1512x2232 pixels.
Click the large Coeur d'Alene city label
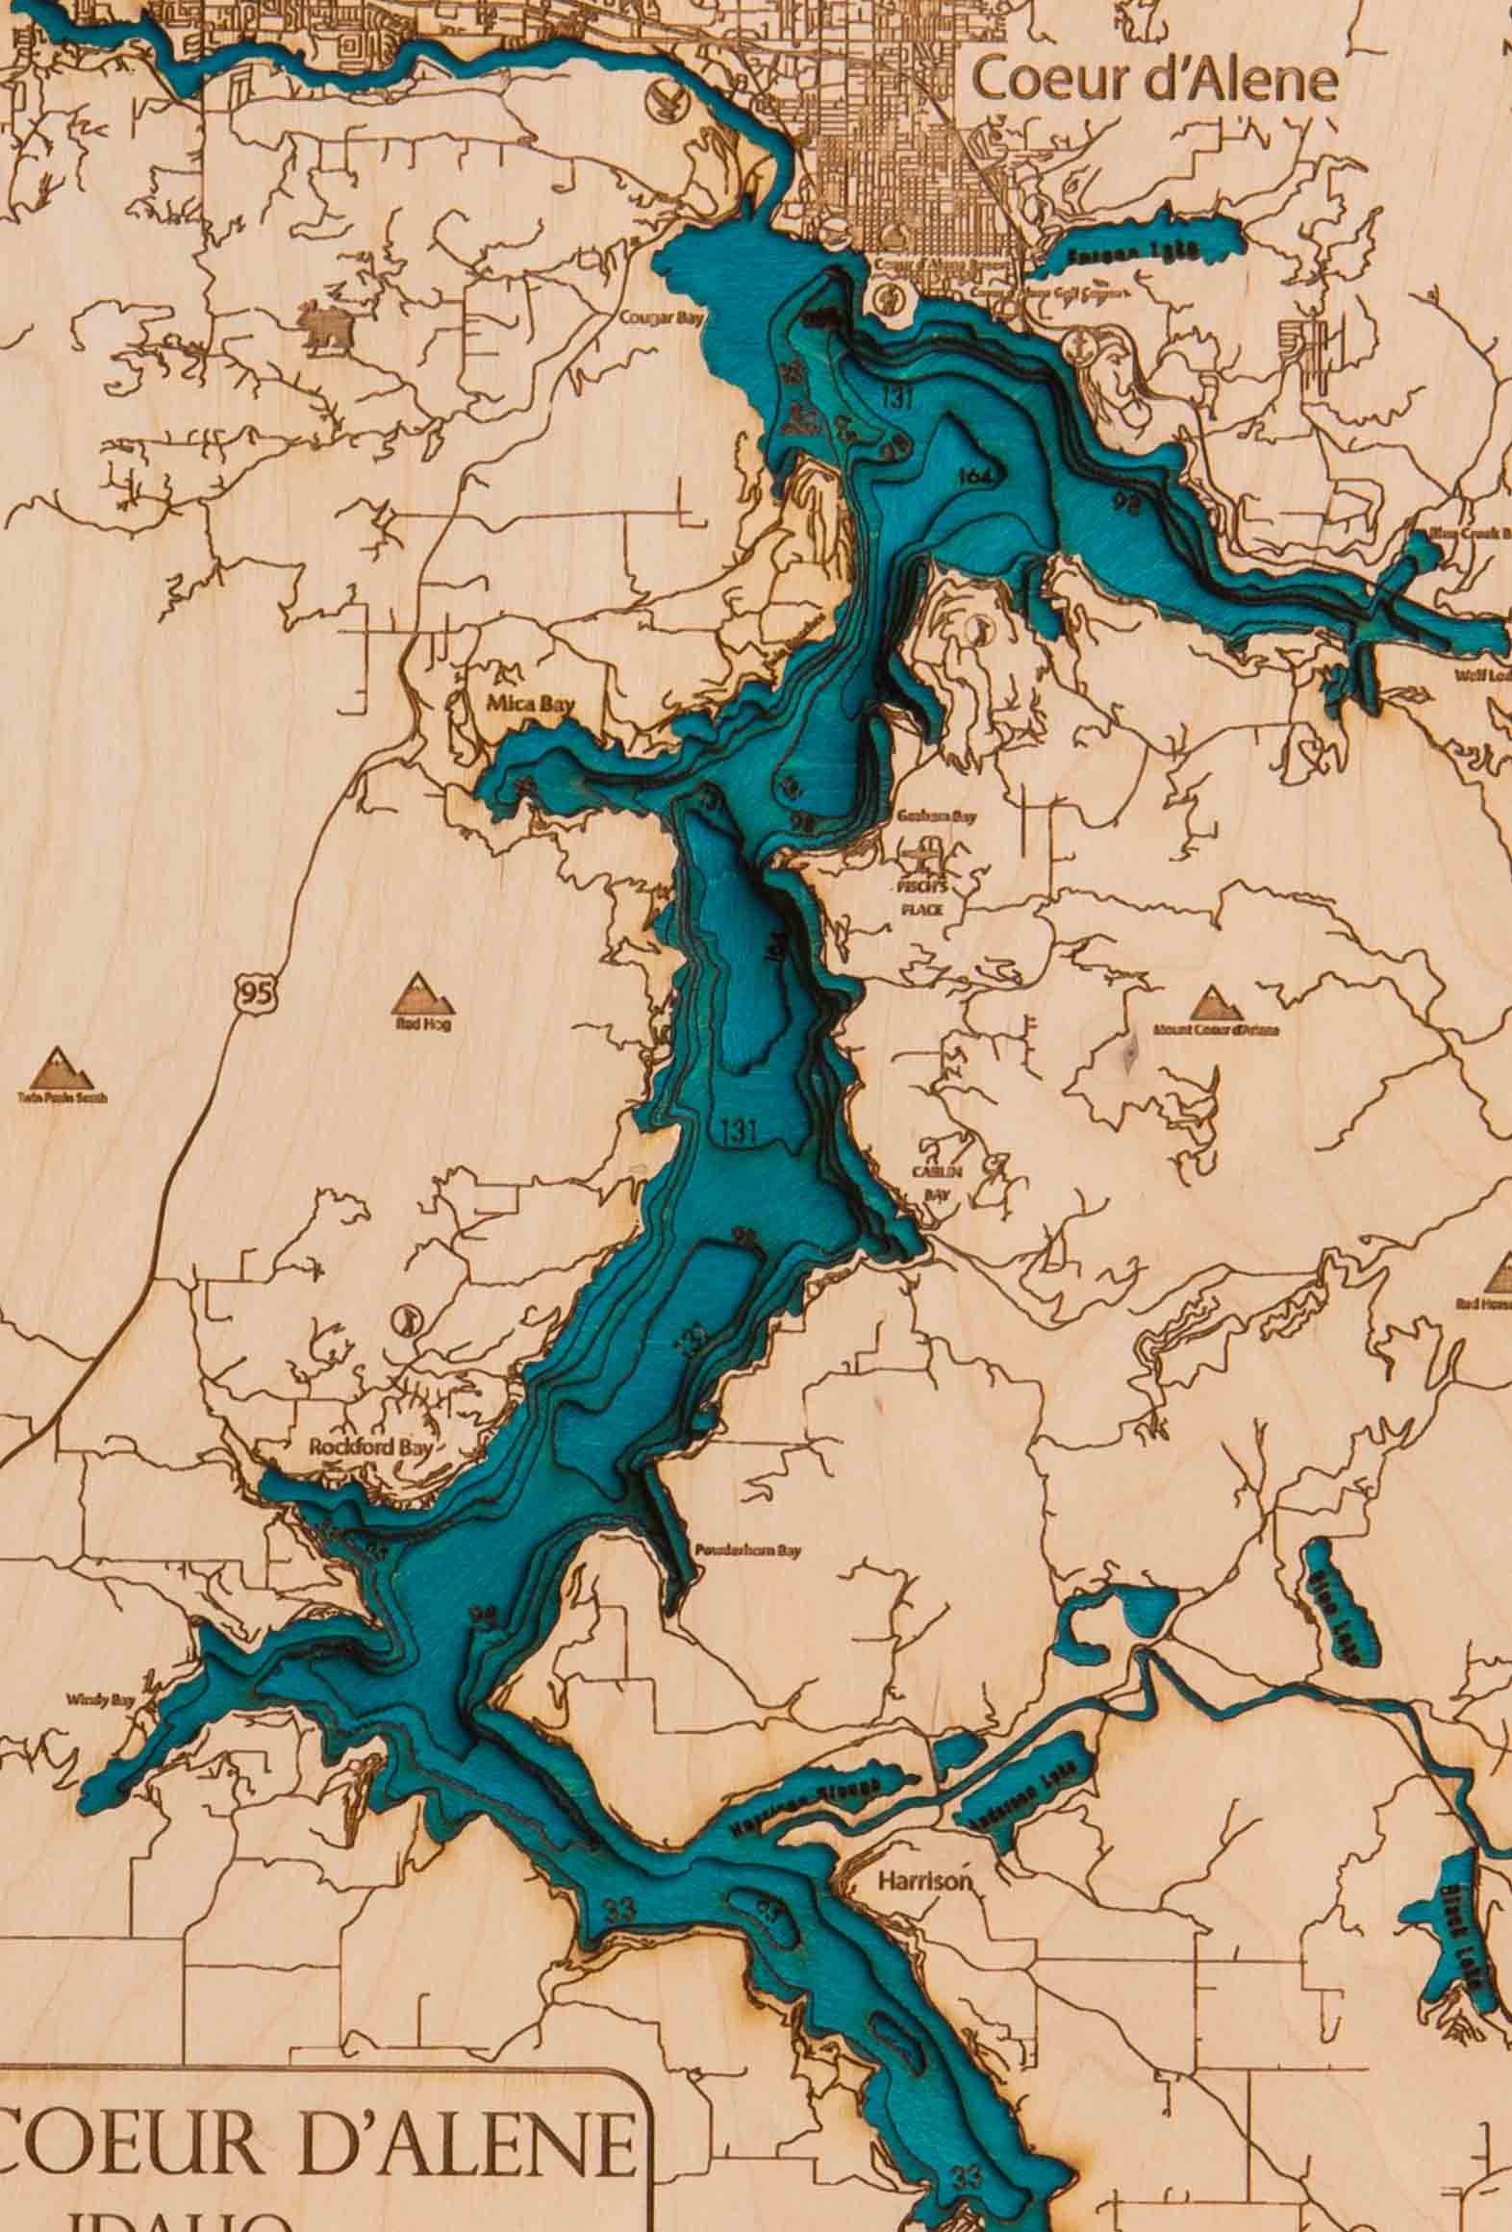click(x=1154, y=81)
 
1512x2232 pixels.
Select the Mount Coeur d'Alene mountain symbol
click(x=1212, y=1004)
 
